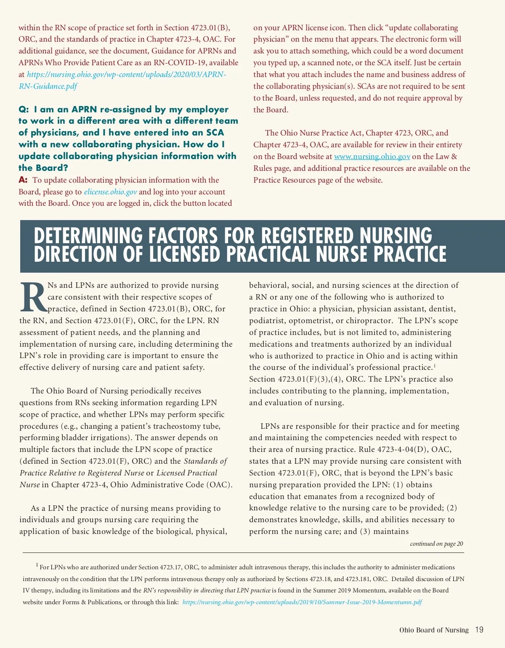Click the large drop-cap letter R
[x=33, y=298]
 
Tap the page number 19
[x=479, y=630]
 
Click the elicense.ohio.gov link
[x=110, y=192]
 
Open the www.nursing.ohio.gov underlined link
[x=372, y=157]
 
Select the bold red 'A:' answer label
[x=23, y=180]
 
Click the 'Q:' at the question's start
[x=24, y=109]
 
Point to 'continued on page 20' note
[x=436, y=544]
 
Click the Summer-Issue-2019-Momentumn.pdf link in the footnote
[x=302, y=602]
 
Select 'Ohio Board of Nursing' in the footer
[x=433, y=630]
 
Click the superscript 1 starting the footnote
[x=37, y=565]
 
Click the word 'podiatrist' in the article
[x=266, y=321]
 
